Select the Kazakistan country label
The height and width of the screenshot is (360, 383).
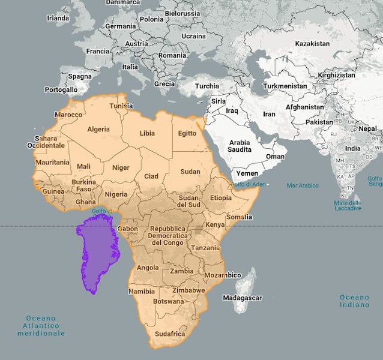(312, 44)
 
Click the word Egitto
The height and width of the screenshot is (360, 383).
(187, 133)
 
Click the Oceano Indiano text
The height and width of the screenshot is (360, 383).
(354, 301)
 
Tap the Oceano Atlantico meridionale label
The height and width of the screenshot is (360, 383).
(41, 325)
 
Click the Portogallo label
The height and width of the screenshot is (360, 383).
(61, 89)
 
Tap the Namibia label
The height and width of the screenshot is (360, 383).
(142, 292)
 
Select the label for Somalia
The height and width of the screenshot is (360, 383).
(240, 217)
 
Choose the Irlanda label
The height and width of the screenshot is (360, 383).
(58, 18)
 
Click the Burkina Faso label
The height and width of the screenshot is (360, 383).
(83, 185)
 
